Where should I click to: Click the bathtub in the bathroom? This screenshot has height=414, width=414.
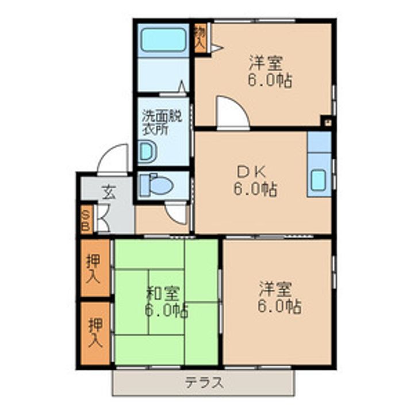164,39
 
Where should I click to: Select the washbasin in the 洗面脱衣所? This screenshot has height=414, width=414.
147,152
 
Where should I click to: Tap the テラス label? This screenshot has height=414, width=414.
203,382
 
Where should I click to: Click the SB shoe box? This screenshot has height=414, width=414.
86,219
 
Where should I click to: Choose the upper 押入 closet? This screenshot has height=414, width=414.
94,268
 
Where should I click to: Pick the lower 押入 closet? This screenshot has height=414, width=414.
94,333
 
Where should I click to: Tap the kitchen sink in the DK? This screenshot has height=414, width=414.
319,180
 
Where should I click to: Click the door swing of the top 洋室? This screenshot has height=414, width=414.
231,113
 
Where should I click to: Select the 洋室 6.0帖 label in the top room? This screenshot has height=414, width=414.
269,71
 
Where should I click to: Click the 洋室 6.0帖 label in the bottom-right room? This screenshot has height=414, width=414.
278,297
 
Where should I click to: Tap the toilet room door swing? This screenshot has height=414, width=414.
178,213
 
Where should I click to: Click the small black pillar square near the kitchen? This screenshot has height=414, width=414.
326,121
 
